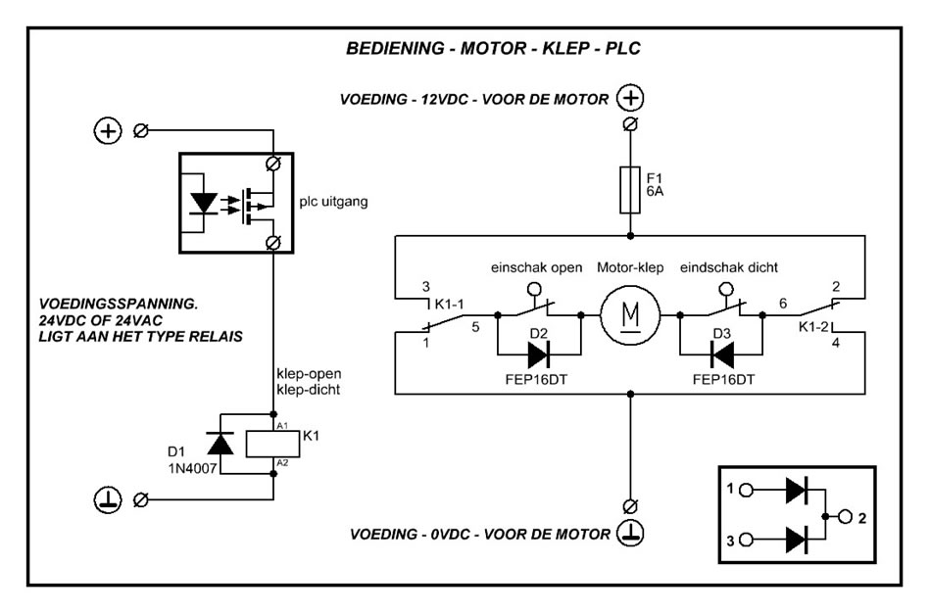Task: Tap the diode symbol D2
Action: coord(538,353)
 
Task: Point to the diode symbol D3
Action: coord(723,353)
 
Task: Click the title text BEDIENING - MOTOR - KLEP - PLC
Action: coord(493,48)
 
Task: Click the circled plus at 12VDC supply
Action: coord(631,98)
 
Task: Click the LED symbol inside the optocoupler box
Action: coord(205,203)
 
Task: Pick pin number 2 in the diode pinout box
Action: coord(861,515)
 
